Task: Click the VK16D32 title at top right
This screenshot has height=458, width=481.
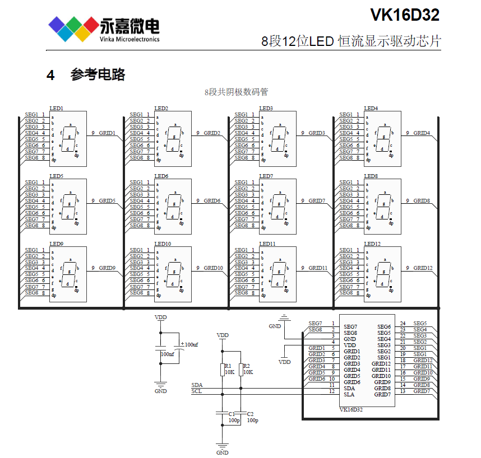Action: [404, 15]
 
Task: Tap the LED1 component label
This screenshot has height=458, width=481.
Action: [56, 108]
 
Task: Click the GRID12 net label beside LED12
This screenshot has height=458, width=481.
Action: [423, 268]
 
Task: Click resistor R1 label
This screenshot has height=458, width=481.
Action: [227, 365]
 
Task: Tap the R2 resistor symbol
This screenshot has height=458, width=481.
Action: [241, 370]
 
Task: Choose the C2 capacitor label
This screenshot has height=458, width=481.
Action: [250, 414]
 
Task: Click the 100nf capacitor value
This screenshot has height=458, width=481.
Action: [167, 354]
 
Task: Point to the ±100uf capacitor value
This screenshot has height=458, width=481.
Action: [188, 344]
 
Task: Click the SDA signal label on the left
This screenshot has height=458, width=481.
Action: [197, 385]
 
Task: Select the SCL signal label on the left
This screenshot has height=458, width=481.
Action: [197, 391]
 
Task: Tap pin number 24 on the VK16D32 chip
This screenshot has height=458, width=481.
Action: [403, 324]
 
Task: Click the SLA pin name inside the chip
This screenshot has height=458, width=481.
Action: [349, 394]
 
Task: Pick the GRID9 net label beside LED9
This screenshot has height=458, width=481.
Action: [107, 268]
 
